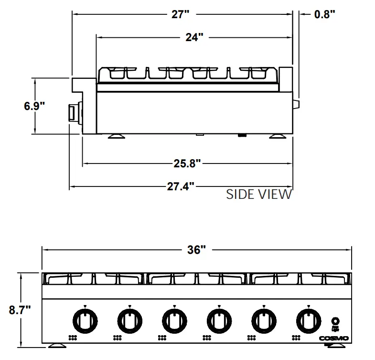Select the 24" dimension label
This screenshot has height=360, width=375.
click(x=194, y=37)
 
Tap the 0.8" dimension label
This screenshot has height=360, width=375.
click(x=325, y=14)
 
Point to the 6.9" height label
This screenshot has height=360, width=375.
click(x=34, y=106)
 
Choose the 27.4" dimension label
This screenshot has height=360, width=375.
click(x=180, y=186)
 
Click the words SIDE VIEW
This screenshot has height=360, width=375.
click(x=258, y=194)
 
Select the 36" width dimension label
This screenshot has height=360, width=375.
click(x=196, y=250)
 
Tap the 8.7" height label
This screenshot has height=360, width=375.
click(x=20, y=310)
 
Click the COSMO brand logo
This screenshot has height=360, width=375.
click(x=334, y=338)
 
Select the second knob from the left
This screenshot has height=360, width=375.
click(x=129, y=320)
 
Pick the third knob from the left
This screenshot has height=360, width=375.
click(x=174, y=320)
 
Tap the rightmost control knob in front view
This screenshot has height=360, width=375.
click(x=309, y=320)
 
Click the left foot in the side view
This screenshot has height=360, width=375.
click(x=116, y=137)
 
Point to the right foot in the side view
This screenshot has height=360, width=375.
click(x=276, y=137)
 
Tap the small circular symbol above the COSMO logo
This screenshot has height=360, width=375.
click(x=336, y=321)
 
